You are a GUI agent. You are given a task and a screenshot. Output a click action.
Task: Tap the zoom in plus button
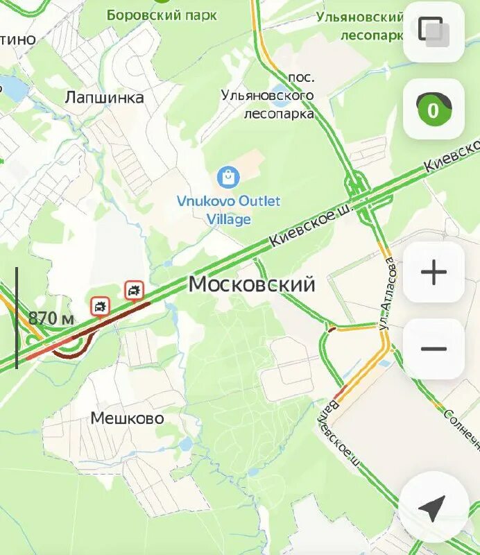click(434, 273)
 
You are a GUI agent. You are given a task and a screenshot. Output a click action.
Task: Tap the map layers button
click(434, 32)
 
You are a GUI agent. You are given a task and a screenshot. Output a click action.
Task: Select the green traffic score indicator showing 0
click(434, 110)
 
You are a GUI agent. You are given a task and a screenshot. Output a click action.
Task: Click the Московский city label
click(252, 284)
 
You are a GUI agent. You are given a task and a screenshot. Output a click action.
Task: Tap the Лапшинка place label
click(104, 97)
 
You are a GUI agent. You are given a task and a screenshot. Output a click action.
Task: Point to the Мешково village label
click(127, 418)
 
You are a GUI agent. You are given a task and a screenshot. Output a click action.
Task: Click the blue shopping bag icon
click(228, 178)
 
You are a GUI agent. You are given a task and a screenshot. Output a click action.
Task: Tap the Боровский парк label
click(162, 15)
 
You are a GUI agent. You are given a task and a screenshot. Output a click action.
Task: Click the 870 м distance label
click(51, 318)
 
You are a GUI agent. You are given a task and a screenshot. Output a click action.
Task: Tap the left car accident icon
click(101, 305)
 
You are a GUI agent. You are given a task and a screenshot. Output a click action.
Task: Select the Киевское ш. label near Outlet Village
click(310, 228)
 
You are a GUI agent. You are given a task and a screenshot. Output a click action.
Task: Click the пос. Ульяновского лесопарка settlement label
click(279, 95)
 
